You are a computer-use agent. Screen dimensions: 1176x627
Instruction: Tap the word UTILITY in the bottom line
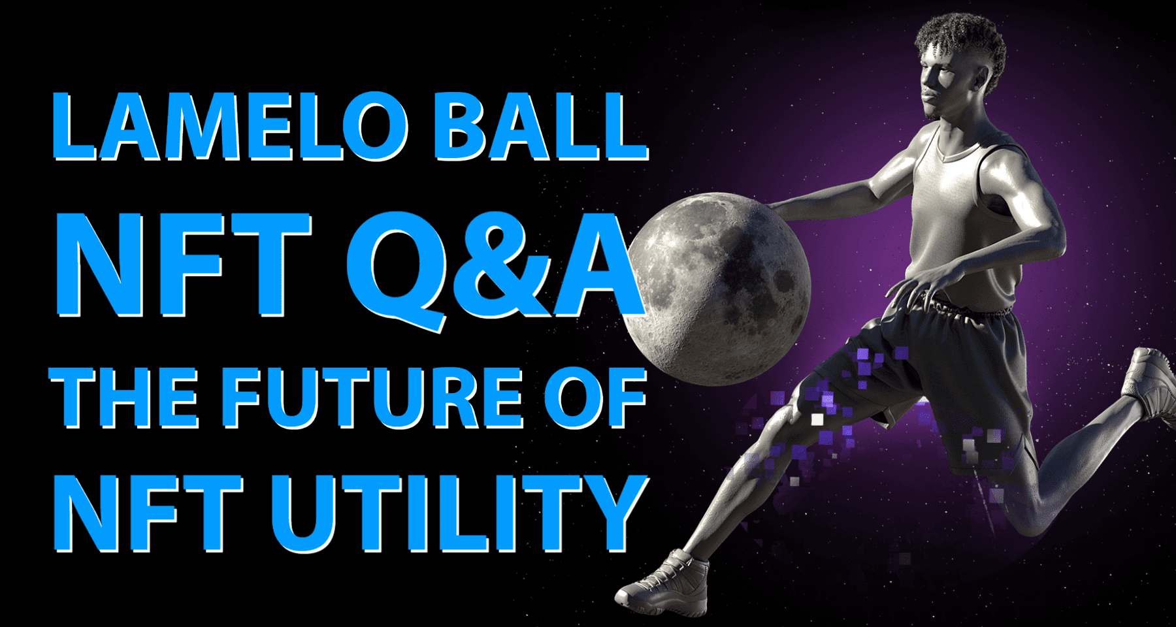[457, 513]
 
